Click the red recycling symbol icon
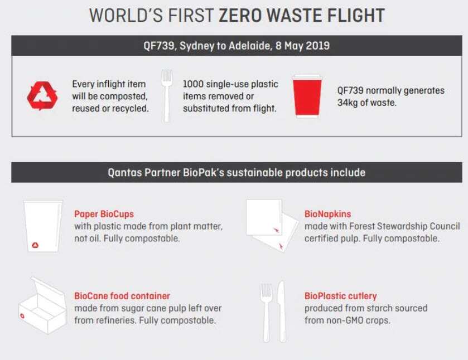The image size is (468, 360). click(x=42, y=96)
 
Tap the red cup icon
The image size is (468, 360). click(x=307, y=96)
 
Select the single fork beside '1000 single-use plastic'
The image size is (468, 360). click(x=167, y=95)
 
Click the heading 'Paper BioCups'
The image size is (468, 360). click(x=104, y=214)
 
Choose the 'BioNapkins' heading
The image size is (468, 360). click(x=327, y=214)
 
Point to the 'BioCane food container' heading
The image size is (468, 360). click(x=122, y=296)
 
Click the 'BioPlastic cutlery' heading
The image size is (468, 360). click(x=341, y=296)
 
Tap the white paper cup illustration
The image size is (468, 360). click(x=44, y=226)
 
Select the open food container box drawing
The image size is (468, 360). click(x=43, y=306)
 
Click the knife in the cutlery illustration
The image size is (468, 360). click(x=282, y=312)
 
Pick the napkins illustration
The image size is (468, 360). click(x=272, y=226)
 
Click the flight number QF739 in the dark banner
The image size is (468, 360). click(x=158, y=46)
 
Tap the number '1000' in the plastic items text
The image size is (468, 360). click(x=193, y=84)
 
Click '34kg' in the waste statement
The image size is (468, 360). click(x=347, y=103)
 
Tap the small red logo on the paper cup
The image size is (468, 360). click(x=35, y=245)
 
